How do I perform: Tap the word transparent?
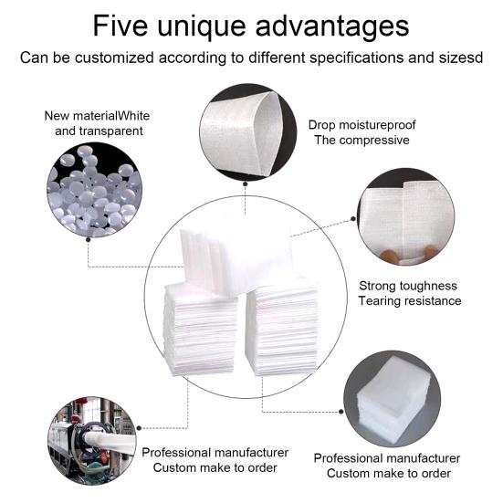(x=98, y=131)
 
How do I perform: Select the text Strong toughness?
(x=408, y=286)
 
